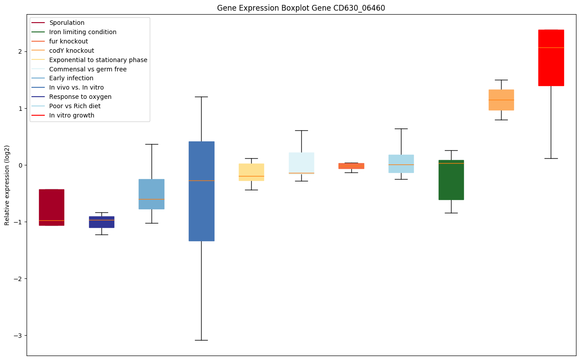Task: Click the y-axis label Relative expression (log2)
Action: (7, 185)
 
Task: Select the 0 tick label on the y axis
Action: (19, 165)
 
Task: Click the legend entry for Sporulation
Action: (67, 23)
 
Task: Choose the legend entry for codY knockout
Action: (71, 51)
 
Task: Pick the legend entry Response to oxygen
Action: (80, 97)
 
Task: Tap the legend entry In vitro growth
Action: (72, 115)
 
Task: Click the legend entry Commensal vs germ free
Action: (88, 69)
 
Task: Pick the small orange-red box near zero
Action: (351, 166)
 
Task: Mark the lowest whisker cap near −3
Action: (201, 340)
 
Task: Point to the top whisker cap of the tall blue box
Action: (201, 97)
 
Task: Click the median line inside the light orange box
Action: (501, 100)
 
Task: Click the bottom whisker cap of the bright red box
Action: (551, 158)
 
